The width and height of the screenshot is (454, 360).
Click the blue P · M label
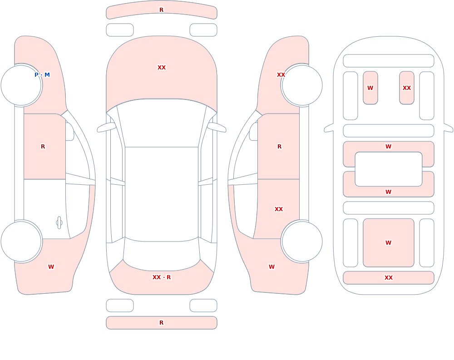(x=42, y=75)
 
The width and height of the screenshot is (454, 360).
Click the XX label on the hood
(x=162, y=68)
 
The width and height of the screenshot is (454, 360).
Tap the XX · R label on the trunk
(x=162, y=277)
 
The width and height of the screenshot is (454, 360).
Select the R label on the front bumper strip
(x=162, y=10)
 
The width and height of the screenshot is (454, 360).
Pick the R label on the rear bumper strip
(x=162, y=323)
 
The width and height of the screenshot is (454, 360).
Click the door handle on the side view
(x=59, y=223)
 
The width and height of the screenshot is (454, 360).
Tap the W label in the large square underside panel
(x=389, y=243)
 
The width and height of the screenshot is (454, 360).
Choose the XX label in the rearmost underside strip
(x=389, y=278)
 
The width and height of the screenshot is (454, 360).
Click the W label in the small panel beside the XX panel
(x=370, y=88)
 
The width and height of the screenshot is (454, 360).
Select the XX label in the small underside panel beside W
(x=407, y=88)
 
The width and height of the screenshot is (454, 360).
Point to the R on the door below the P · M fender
(x=43, y=147)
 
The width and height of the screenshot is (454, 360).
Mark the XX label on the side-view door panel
(x=279, y=209)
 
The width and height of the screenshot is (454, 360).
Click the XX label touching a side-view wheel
(x=281, y=75)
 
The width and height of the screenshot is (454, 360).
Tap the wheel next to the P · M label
(x=21, y=85)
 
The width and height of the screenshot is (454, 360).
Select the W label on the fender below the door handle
(x=51, y=267)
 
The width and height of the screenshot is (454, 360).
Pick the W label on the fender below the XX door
(x=271, y=267)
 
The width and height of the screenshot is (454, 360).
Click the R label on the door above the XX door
(x=279, y=147)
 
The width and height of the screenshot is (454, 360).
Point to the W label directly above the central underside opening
(x=389, y=147)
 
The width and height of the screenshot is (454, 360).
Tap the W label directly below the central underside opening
(x=389, y=192)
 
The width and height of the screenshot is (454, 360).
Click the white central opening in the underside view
(x=389, y=169)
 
